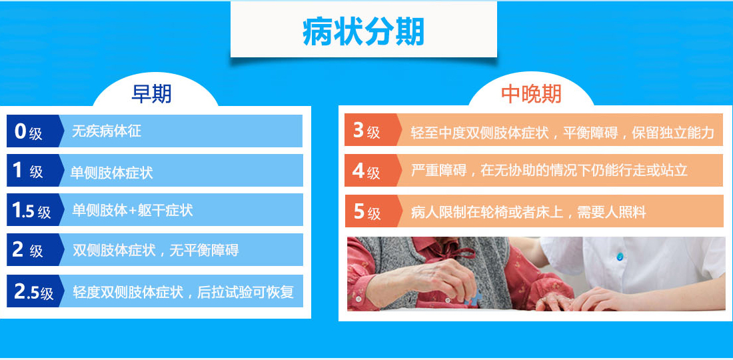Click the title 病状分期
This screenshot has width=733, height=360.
363,32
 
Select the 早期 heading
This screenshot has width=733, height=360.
151,94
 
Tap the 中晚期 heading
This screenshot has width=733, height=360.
531,94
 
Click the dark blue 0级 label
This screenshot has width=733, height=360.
28,132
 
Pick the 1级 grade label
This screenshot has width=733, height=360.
28,171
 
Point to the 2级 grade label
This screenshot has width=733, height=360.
28,250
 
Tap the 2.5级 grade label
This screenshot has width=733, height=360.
34,292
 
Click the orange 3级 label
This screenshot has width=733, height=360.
366,131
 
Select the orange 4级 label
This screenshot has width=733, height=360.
366,171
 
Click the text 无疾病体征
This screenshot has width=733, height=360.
106,131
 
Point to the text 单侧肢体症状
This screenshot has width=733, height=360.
112,173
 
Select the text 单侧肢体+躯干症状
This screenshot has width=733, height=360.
133,211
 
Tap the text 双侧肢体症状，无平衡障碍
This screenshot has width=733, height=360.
156,250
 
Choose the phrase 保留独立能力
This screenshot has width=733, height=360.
673,132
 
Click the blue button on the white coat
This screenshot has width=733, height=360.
620,256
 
